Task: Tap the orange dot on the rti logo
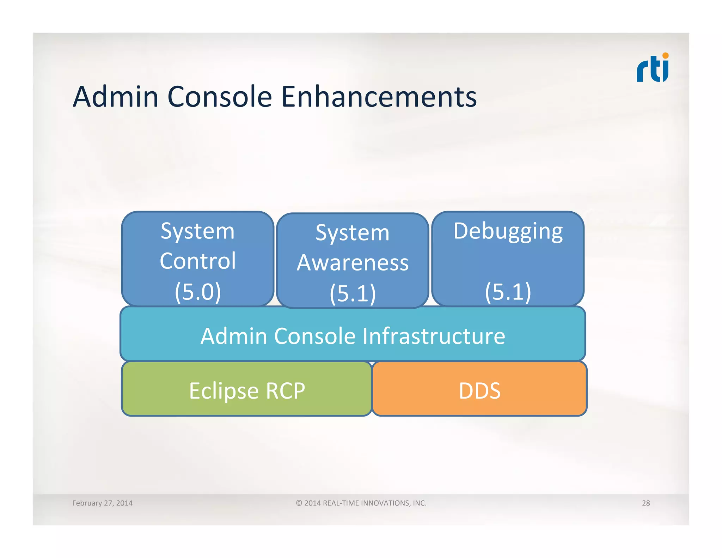[x=665, y=56]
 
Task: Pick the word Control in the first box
[x=198, y=261]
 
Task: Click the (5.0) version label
[x=198, y=292]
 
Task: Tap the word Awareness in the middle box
[x=353, y=263]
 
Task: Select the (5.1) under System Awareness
[x=353, y=293]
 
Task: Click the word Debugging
[x=508, y=231]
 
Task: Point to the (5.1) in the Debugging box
[x=508, y=292]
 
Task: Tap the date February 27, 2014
[x=102, y=503]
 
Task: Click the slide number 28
[x=645, y=503]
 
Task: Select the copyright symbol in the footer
[x=299, y=503]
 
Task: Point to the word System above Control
[x=198, y=231]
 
